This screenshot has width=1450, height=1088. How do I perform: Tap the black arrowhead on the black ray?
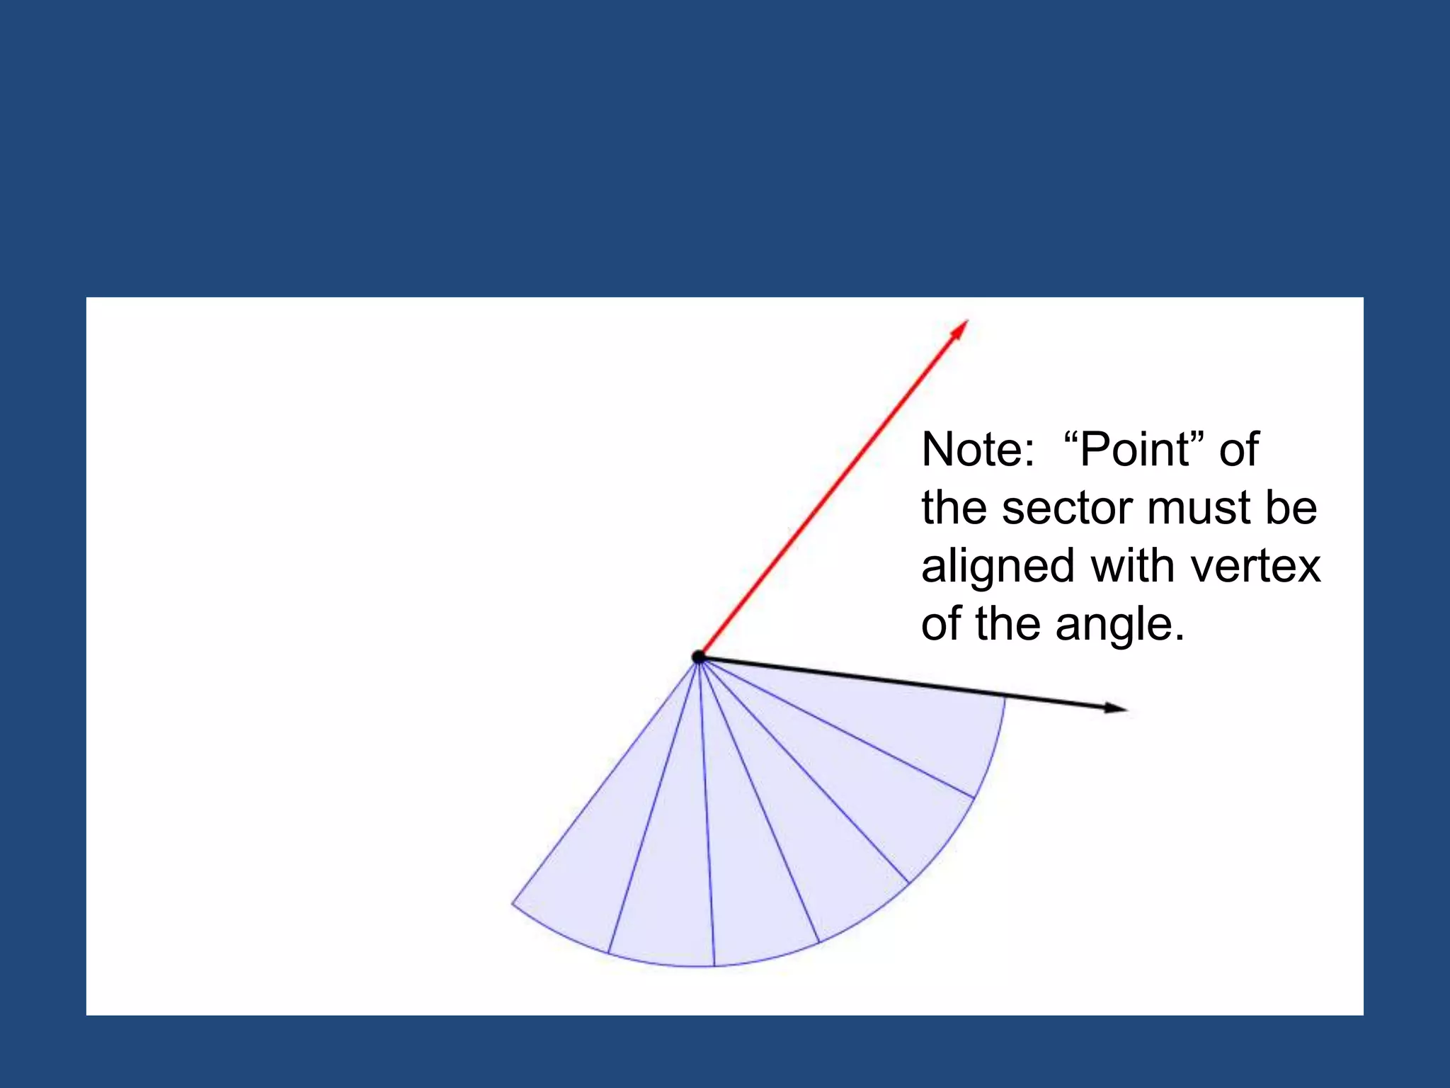[x=1115, y=707]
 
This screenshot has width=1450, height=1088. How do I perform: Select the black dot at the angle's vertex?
[x=699, y=657]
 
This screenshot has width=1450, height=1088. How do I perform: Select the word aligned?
[x=998, y=567]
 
